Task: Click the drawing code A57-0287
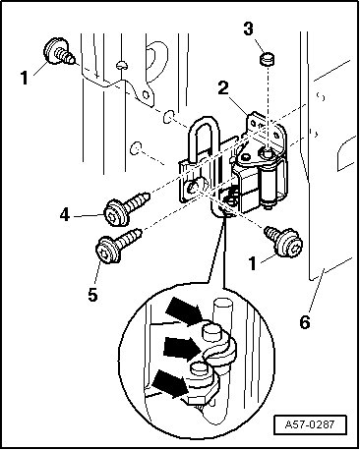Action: [x=310, y=424]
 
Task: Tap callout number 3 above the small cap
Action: [x=249, y=28]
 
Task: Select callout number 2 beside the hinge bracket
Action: [x=223, y=88]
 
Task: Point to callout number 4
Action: [x=65, y=215]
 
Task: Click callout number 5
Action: [x=92, y=295]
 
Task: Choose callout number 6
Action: [x=305, y=322]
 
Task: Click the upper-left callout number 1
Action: [x=25, y=79]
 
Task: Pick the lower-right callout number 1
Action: [x=252, y=263]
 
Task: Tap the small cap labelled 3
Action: [x=268, y=59]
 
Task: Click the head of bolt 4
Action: [x=115, y=212]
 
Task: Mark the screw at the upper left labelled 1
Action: [x=60, y=52]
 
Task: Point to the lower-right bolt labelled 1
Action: [x=285, y=242]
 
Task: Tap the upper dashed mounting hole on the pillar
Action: [x=168, y=117]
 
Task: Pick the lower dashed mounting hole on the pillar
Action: [x=136, y=147]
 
